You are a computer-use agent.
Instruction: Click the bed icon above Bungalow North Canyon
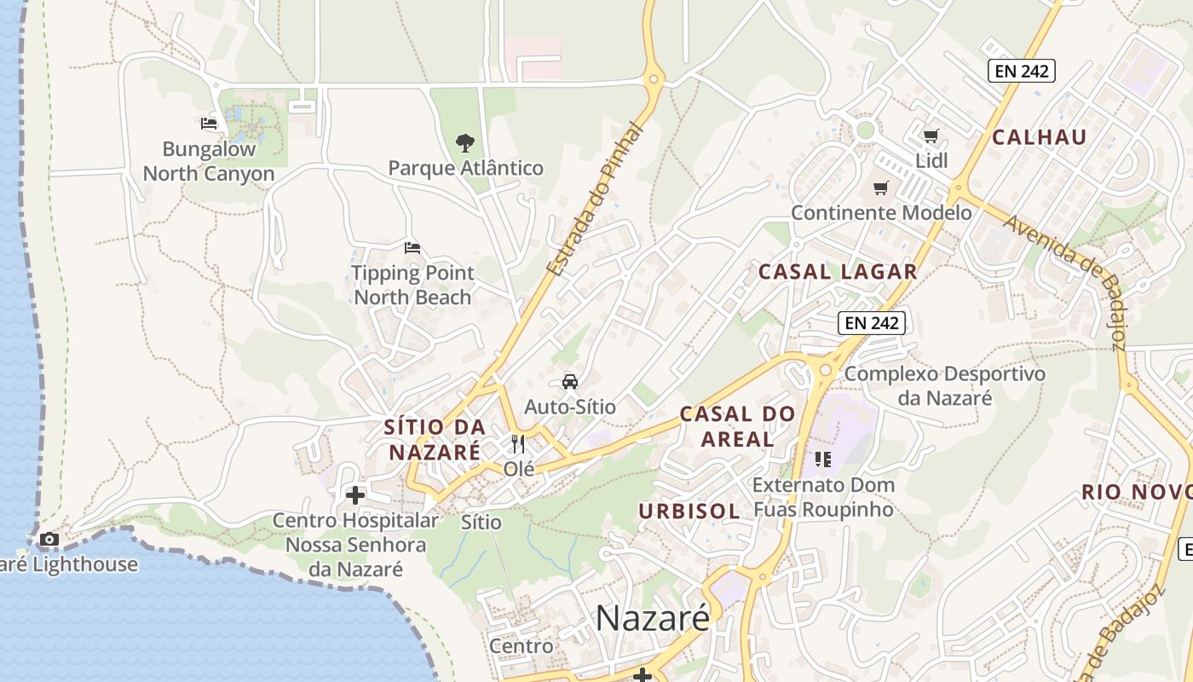point(209,124)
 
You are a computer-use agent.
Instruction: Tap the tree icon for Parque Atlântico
point(464,142)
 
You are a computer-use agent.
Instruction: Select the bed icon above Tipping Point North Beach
point(412,248)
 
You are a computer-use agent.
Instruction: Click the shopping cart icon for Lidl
point(931,136)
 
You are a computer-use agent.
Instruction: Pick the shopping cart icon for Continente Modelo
point(880,188)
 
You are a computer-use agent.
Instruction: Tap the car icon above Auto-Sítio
point(570,381)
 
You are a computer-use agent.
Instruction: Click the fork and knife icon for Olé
point(518,443)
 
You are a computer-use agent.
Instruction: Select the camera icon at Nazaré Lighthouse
point(49,539)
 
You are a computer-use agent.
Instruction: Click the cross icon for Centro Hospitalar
point(355,494)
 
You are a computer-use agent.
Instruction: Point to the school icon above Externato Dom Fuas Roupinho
point(822,459)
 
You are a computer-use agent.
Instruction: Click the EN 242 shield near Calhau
point(1022,71)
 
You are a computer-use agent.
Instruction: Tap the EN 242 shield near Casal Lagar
point(871,323)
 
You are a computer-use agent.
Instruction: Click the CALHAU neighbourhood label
point(1040,137)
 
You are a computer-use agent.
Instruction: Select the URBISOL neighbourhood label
point(689,511)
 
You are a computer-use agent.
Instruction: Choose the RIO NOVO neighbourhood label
point(1137,492)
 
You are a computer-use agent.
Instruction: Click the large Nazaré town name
point(652,618)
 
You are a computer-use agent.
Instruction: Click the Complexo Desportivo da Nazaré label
point(944,385)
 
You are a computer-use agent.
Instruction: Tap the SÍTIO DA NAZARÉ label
point(435,439)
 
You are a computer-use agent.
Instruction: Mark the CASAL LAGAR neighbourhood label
point(838,272)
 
